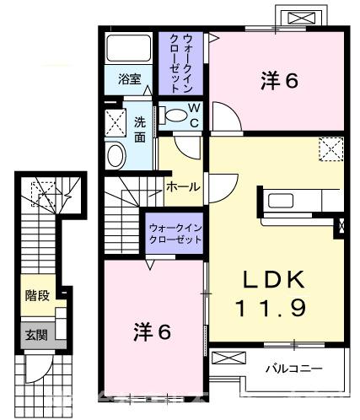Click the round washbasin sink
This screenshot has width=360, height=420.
[116, 153]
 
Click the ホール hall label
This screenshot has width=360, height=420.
[182, 186]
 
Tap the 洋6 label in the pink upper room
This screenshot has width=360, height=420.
[279, 81]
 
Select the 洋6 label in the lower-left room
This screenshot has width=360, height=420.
[153, 331]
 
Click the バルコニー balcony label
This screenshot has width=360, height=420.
[292, 368]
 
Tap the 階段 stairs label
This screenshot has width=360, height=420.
[35, 297]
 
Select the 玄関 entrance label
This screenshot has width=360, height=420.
[35, 334]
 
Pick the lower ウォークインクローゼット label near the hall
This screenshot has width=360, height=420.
[175, 234]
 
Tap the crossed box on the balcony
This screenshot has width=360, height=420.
[226, 358]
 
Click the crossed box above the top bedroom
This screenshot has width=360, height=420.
[300, 19]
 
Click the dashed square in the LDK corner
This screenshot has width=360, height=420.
[330, 149]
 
